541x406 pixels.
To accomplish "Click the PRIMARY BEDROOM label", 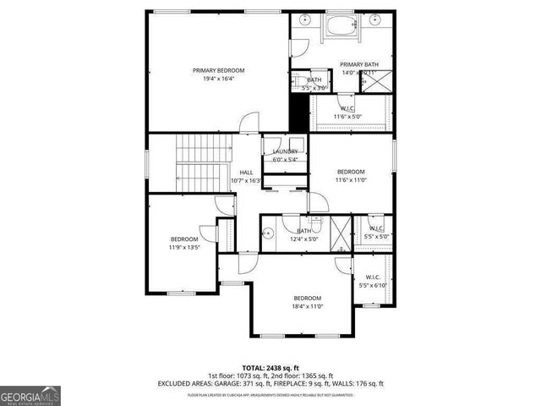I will coord(218,70).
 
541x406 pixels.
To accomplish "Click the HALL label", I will coord(246,172).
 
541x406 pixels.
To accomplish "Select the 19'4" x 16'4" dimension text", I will coord(218,80).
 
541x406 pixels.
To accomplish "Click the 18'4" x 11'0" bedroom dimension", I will coord(308,307).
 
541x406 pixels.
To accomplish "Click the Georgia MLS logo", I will coord(30,395).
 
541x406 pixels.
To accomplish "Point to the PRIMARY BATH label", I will coord(359,64).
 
